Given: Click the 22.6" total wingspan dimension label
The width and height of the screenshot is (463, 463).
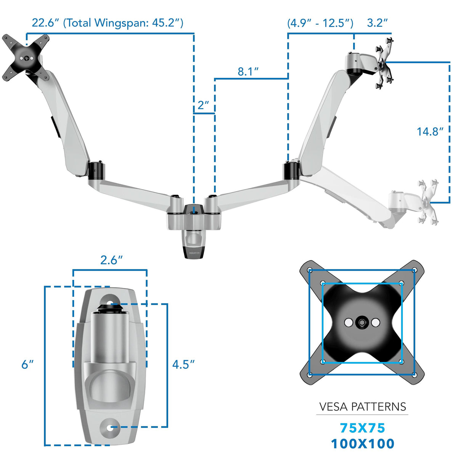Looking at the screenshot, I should (107, 23).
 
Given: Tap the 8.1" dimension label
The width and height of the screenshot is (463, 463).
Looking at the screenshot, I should (248, 71).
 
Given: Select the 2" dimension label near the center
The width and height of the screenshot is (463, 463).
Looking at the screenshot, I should (203, 105).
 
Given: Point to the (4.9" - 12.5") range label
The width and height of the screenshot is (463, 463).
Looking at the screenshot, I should (320, 23).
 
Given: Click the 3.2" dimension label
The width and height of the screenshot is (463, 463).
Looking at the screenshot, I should (377, 23).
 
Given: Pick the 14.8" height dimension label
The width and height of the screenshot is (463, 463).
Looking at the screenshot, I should (430, 132).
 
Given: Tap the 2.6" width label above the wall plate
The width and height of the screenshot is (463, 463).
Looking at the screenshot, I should (111, 260).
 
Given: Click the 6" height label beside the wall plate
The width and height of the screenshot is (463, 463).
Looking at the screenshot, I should (27, 365).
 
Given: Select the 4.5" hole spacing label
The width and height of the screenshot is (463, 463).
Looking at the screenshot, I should (183, 365).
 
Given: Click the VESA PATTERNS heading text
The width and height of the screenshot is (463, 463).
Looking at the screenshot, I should (362, 407).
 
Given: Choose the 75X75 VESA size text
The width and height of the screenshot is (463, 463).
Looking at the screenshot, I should (362, 428).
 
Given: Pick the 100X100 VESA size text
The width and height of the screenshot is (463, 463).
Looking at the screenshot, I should (362, 444).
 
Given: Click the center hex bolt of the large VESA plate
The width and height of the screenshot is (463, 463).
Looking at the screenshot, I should (362, 323).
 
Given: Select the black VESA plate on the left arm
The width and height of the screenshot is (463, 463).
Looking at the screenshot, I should (26, 58).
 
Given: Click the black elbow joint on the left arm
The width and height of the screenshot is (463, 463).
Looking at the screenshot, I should (96, 170).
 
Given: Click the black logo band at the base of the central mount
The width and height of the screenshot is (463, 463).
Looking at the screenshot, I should (194, 252).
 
